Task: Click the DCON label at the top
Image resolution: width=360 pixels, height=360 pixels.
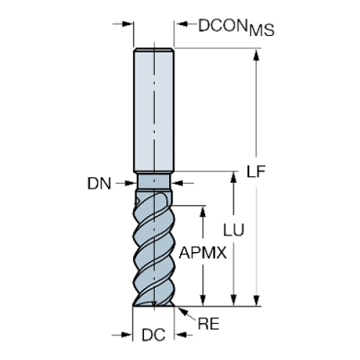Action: [223, 24]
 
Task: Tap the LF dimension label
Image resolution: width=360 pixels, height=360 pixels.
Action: [255, 172]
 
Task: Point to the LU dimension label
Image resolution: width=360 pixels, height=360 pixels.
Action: [234, 229]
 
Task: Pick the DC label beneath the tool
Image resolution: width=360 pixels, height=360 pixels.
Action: [153, 336]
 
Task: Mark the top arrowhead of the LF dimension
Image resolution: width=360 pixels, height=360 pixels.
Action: [256, 54]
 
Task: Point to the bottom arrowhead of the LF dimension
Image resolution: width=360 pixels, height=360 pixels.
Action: [256, 298]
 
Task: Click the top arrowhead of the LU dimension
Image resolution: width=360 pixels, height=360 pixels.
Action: [234, 176]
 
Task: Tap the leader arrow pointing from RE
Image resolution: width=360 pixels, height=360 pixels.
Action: [181, 311]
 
